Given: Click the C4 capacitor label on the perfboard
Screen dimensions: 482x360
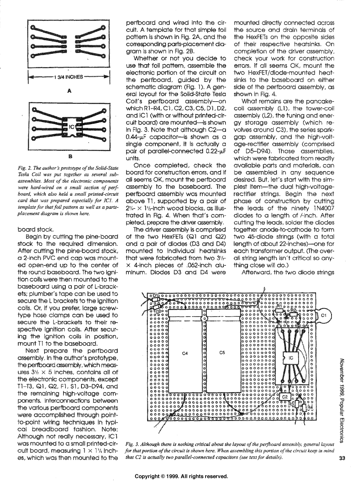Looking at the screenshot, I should click(x=185, y=353).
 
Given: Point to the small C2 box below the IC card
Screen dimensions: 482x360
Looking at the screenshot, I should click(x=285, y=397).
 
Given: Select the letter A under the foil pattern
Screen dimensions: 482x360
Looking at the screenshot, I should click(x=69, y=91).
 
